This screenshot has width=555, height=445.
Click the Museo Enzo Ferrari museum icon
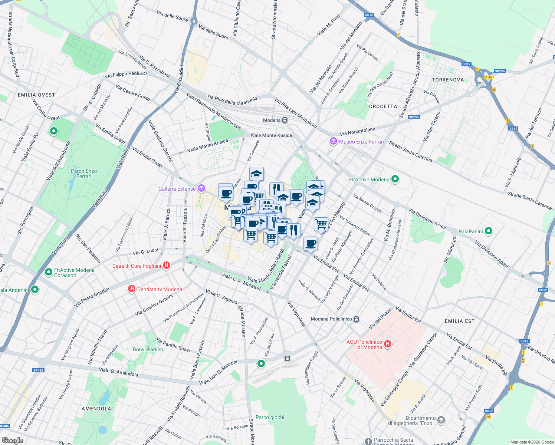pyautogui.click(x=333, y=142)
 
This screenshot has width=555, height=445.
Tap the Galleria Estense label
pyautogui.click(x=177, y=189)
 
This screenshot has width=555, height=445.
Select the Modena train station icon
pyautogui.click(x=285, y=120)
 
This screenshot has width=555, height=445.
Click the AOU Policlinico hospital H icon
pyautogui.click(x=388, y=344)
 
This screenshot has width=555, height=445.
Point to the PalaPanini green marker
pyautogui.click(x=489, y=231)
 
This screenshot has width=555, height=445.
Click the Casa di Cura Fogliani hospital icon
pyautogui.click(x=167, y=266)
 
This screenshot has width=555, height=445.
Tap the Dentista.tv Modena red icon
pyautogui.click(x=131, y=289)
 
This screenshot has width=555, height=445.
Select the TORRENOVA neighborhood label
pyautogui.click(x=448, y=80)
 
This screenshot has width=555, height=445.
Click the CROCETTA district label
pyautogui.click(x=383, y=106)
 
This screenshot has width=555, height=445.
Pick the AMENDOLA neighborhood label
pyautogui.click(x=96, y=409)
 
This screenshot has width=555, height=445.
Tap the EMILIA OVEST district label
pyautogui.click(x=36, y=95)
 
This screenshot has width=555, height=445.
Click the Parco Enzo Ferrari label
pyautogui.click(x=84, y=174)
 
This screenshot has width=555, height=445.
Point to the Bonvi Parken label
pyautogui.click(x=148, y=349)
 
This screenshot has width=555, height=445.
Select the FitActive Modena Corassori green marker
pyautogui.click(x=48, y=273)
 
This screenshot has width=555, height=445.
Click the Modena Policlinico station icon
pyautogui.click(x=356, y=319)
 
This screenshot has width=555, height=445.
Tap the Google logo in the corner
pyautogui.click(x=12, y=441)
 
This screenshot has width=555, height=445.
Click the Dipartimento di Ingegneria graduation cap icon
pyautogui.click(x=441, y=420)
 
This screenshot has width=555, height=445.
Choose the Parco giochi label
pyautogui.click(x=270, y=417)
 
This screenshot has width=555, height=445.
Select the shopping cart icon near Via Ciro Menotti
pyautogui.click(x=321, y=224)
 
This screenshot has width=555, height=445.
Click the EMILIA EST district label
pyautogui.click(x=459, y=321)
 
